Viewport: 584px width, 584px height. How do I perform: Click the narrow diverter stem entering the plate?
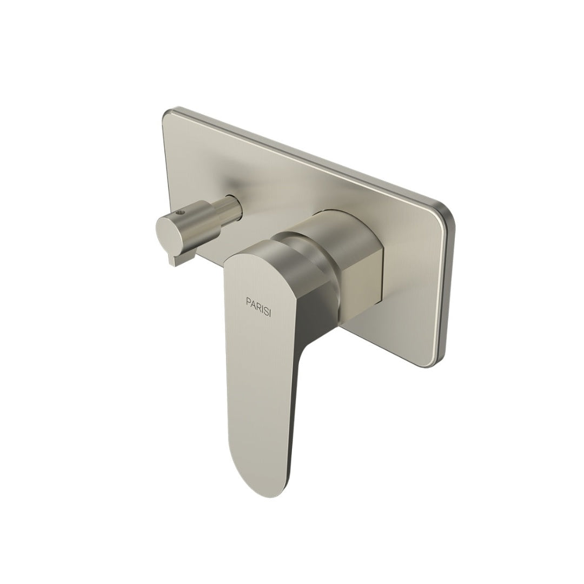click(233, 205)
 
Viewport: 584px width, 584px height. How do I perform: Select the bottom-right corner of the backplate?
click(441, 357)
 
